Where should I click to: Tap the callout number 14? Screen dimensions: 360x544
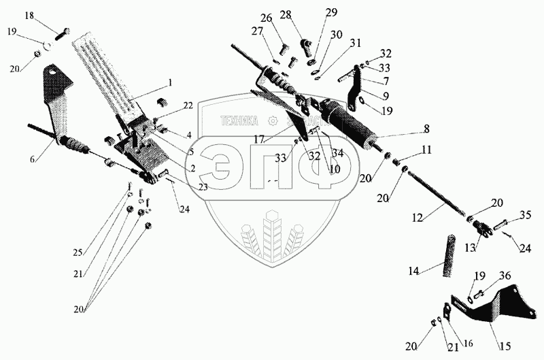tap(414, 272)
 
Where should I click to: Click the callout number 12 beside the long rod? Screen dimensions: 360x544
tap(417, 218)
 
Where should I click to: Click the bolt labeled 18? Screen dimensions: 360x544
tap(65, 31)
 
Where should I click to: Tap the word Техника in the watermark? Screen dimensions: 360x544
tap(239, 121)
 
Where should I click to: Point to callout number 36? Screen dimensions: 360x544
tap(504, 276)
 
